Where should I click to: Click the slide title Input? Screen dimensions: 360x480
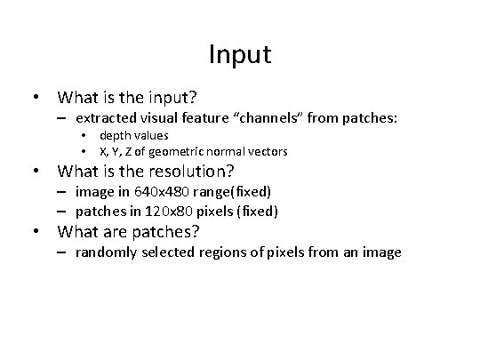coord(240,55)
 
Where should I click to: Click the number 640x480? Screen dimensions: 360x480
coord(155,191)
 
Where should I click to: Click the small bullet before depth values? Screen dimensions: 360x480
coord(82,136)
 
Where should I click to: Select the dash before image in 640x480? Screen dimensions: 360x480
coord(66,191)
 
